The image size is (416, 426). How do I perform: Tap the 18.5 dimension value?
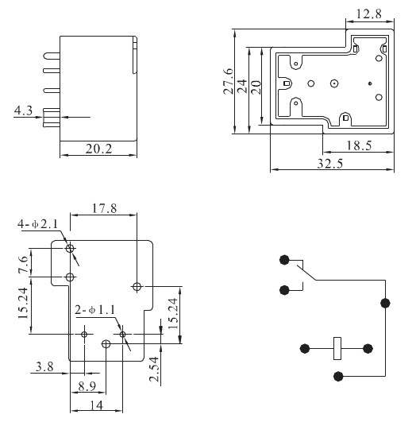(359, 145)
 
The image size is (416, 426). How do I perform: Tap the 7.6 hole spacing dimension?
(23, 263)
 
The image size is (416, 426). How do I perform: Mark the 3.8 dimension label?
(44, 366)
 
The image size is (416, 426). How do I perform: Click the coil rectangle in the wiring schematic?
(337, 347)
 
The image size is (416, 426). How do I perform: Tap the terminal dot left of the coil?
(305, 347)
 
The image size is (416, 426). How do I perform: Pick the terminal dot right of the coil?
(368, 347)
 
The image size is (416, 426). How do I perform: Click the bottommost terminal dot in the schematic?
(338, 376)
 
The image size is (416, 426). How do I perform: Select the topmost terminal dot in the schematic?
(283, 259)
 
